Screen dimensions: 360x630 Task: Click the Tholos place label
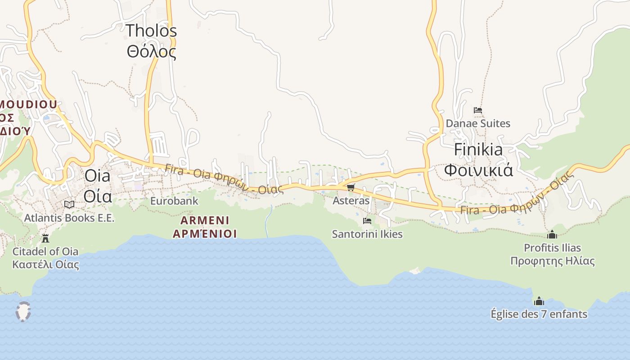coord(151,31)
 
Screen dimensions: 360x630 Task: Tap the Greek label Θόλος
coord(151,52)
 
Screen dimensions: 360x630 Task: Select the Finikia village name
coord(478,149)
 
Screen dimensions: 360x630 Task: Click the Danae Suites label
coord(478,123)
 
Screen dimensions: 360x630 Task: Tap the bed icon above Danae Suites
coord(478,110)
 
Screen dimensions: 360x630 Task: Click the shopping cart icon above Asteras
coord(351,187)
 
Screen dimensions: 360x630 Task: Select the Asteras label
coord(351,201)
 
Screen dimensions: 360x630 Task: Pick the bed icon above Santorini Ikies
coord(367,220)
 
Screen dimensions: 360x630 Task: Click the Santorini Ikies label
coord(367,234)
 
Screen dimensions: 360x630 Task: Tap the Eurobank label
coord(174,201)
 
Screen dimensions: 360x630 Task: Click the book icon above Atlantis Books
coord(69,204)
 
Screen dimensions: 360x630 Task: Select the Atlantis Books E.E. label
coord(69,218)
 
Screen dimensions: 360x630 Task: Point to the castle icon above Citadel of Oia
coord(45,238)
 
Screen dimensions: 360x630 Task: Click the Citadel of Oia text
coord(45,251)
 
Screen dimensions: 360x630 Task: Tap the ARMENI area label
coord(205,220)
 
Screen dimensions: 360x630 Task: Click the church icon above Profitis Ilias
coord(552,234)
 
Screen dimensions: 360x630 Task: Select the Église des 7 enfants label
coord(539,314)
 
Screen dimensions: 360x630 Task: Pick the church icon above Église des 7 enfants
coord(539,301)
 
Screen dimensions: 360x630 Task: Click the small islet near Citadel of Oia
coord(23,311)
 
